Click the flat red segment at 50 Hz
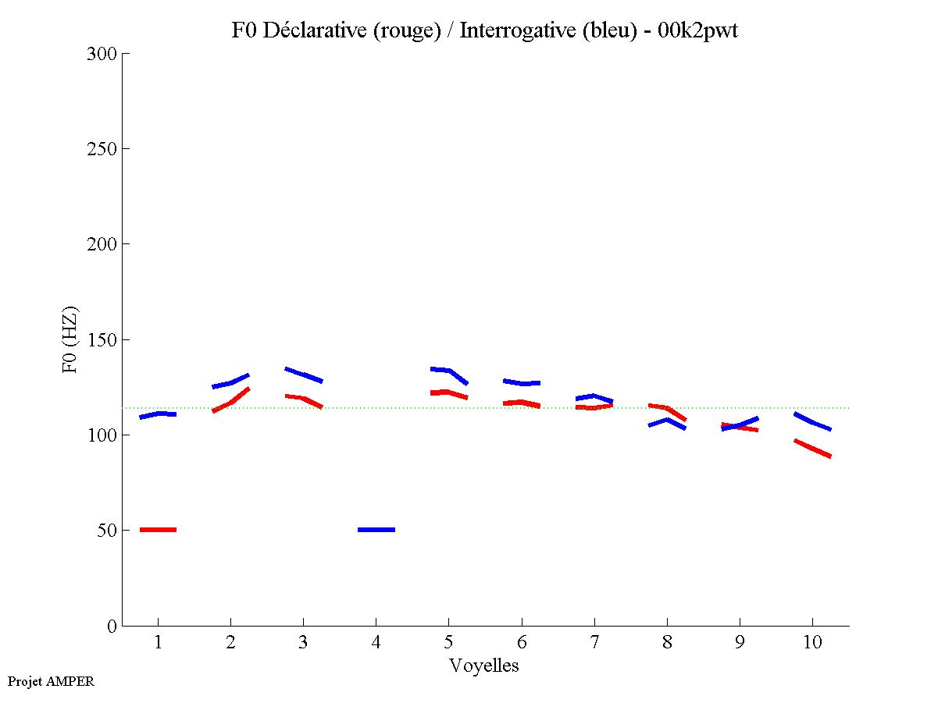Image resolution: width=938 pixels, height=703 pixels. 158,530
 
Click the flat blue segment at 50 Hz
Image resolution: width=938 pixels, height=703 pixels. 376,530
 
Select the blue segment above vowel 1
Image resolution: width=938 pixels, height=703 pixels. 158,414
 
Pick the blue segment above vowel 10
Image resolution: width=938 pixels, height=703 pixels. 812,422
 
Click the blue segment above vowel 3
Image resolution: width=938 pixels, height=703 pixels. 303,375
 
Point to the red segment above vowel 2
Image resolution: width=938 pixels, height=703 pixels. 230,400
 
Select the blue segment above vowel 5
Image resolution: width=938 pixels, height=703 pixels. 449,372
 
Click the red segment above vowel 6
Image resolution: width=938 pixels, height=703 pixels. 522,403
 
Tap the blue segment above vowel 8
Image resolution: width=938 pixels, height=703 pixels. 667,423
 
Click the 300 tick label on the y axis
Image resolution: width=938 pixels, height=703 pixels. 103,54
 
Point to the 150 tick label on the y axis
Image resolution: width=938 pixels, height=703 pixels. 103,340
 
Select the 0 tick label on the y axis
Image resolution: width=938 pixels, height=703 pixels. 112,626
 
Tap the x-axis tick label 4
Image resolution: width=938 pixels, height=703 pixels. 376,643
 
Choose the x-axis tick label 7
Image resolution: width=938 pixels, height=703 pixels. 594,643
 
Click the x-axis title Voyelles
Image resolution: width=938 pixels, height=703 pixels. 484,666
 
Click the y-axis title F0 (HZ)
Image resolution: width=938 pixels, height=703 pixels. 70,340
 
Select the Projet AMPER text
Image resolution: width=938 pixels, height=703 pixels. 51,681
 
